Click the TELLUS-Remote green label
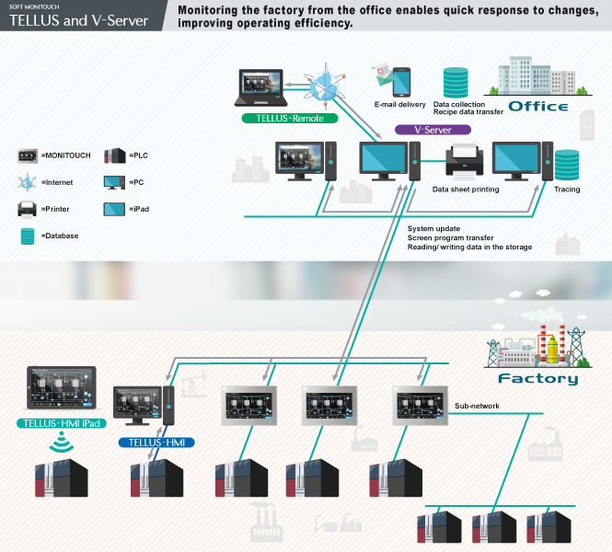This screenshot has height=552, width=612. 289,119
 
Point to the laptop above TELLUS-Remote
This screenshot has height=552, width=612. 263,89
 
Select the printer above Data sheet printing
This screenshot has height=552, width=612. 466,163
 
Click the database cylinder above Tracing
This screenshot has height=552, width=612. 566,165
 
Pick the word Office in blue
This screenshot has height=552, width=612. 537,107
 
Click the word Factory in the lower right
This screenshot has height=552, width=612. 537,378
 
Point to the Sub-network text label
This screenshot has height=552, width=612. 477,405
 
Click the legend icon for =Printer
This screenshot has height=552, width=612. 28,208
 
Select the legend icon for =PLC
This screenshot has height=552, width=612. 114,155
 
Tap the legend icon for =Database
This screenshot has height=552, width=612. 28,236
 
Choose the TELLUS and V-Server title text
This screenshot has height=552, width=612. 78,20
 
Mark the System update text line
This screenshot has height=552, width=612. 433,228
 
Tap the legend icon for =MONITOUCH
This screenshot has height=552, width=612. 28,155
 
